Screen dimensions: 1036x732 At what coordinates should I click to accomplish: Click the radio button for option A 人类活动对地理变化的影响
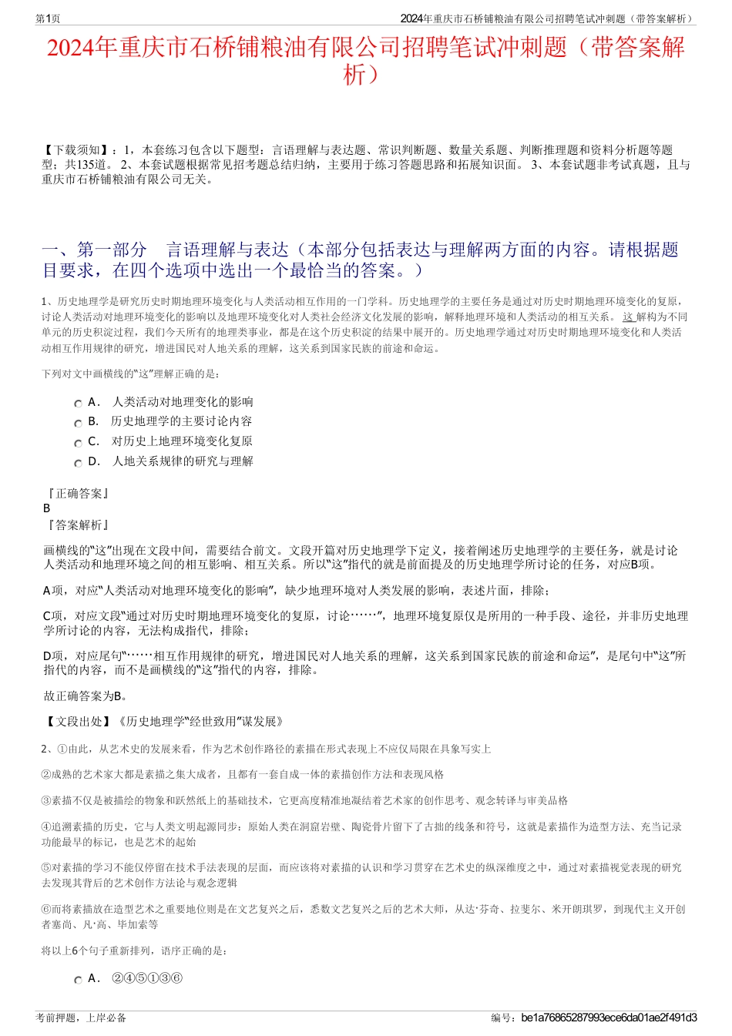point(78,403)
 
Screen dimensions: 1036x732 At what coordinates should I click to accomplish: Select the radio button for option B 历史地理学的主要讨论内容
point(78,423)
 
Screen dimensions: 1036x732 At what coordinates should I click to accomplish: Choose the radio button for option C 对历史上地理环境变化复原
point(78,443)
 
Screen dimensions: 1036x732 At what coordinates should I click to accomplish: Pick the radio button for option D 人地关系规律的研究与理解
point(78,463)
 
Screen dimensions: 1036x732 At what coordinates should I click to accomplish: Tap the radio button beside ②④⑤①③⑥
point(78,980)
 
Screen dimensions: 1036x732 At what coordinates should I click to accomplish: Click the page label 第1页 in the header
point(48,18)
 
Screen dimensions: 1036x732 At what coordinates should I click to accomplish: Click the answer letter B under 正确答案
point(47,508)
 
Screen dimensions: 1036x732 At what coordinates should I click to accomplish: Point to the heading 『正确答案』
point(77,493)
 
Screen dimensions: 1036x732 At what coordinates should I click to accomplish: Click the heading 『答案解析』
point(77,525)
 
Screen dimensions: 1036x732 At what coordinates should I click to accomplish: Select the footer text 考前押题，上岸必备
point(81,1018)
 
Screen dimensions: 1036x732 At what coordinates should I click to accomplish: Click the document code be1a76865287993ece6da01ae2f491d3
point(609,1018)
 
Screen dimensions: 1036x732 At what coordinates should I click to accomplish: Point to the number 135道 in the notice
point(91,165)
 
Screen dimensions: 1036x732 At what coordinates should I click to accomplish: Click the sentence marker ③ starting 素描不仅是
point(46,800)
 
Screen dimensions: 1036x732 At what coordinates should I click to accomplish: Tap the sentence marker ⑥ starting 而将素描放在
point(46,909)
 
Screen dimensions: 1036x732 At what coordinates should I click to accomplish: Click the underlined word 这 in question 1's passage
point(628,317)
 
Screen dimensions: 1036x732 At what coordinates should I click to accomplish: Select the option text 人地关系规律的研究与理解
point(183,461)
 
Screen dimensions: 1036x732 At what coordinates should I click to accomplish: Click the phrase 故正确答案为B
point(85,696)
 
